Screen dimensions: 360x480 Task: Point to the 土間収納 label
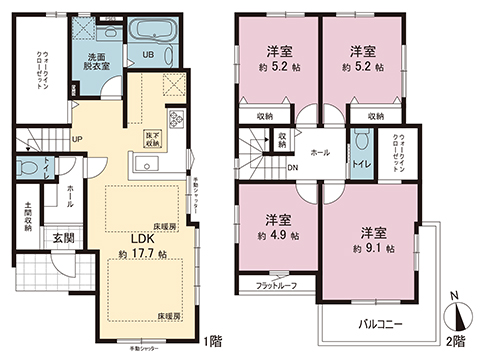[29, 219]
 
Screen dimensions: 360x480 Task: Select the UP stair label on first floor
[76, 140]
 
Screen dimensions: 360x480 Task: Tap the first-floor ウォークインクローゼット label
[39, 70]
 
